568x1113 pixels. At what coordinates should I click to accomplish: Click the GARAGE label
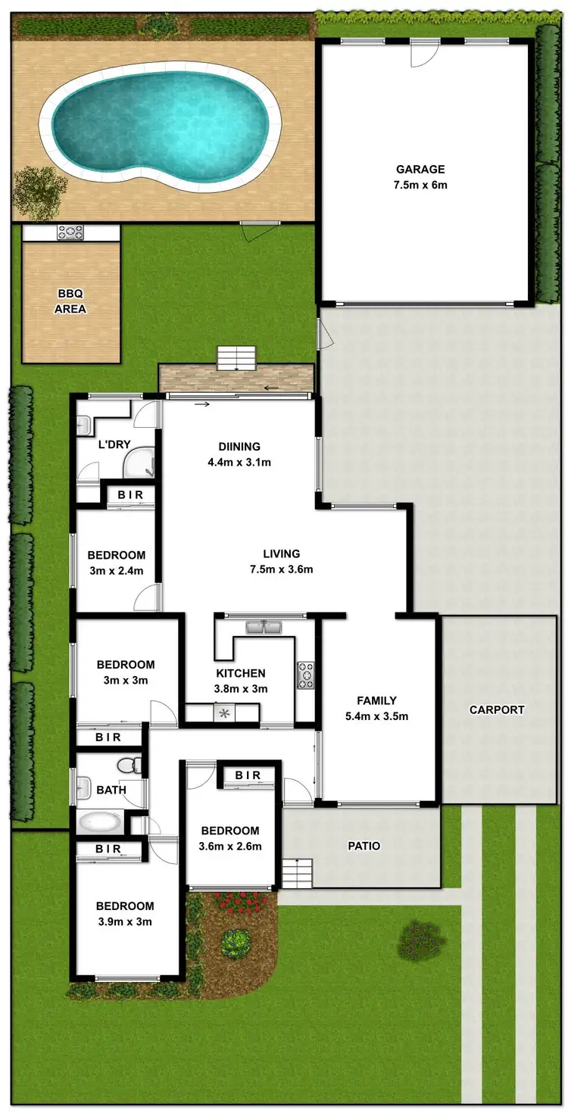click(x=420, y=170)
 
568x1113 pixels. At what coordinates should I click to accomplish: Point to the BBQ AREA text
click(x=70, y=302)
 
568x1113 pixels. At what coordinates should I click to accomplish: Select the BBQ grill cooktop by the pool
click(x=70, y=232)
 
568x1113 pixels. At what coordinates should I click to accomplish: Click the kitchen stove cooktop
click(x=305, y=675)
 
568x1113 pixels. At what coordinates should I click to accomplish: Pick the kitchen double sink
click(x=264, y=627)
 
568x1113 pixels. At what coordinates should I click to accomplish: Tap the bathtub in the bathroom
click(x=100, y=821)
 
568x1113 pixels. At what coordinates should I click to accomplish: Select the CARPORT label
click(x=497, y=709)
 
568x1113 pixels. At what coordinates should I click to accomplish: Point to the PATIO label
click(x=364, y=846)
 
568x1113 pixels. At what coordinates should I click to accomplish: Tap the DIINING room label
click(x=239, y=447)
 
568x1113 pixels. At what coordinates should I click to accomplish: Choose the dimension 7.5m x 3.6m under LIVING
click(x=282, y=569)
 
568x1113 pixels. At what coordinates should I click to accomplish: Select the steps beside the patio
click(x=297, y=874)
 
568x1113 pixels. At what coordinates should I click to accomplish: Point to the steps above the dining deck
click(x=238, y=357)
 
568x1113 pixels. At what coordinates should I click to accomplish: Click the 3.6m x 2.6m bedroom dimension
click(x=230, y=846)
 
